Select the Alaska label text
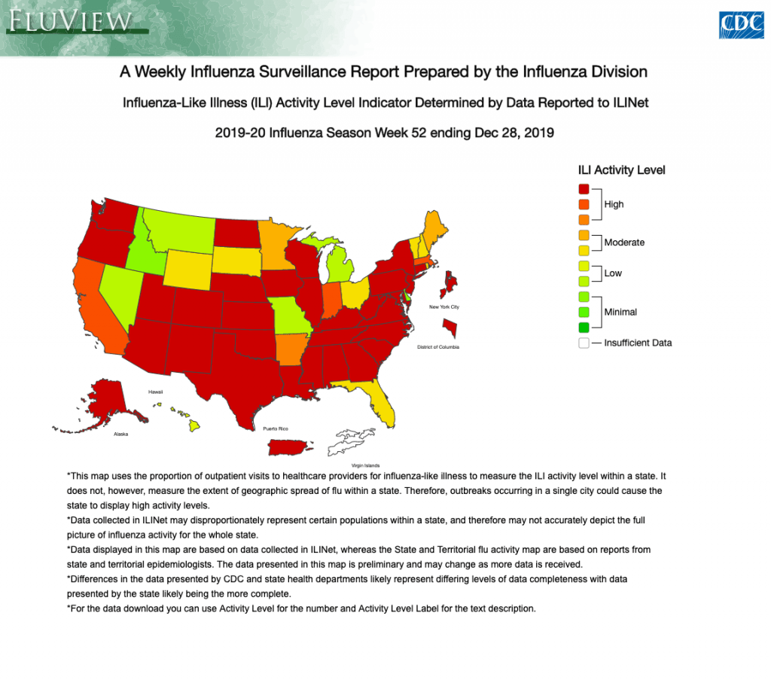120,435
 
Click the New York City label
443,307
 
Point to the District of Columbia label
437,347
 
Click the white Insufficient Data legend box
584,343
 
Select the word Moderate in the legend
624,242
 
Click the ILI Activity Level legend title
621,170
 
